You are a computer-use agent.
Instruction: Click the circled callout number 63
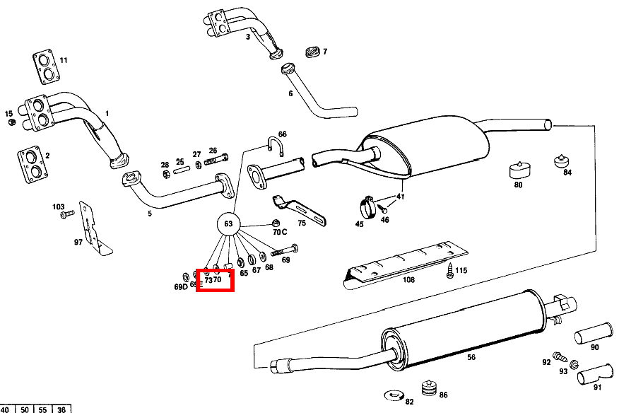pyautogui.click(x=228, y=224)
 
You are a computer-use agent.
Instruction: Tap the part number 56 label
pyautogui.click(x=471, y=358)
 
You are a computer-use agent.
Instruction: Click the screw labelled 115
pyautogui.click(x=450, y=270)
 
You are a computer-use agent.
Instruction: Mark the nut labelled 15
pyautogui.click(x=12, y=123)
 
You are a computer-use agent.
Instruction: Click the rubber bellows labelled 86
pyautogui.click(x=426, y=388)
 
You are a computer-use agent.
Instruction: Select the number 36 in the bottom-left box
pyautogui.click(x=61, y=409)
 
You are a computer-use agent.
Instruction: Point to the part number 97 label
pyautogui.click(x=78, y=242)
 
